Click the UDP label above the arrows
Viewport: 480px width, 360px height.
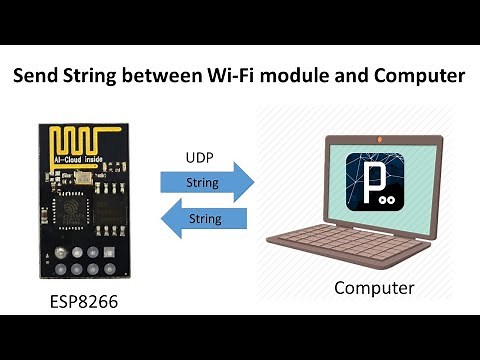coord(199,159)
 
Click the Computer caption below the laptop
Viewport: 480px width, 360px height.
coord(374,288)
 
